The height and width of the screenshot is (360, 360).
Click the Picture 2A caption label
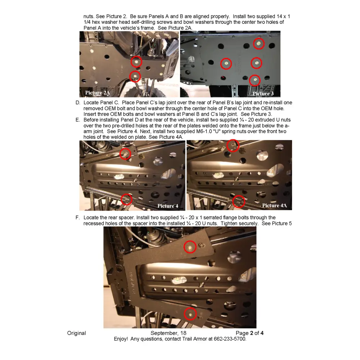click(x=97, y=93)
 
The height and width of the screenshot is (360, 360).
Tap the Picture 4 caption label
click(x=168, y=206)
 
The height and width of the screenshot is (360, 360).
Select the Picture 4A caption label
click(x=274, y=206)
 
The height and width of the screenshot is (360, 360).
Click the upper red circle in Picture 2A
click(x=136, y=62)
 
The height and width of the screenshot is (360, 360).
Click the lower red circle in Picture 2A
click(x=135, y=76)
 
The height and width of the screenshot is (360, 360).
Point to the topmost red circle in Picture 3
click(x=258, y=44)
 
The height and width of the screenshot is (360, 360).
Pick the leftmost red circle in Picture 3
click(x=226, y=64)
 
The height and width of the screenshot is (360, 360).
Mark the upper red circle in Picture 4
click(x=125, y=154)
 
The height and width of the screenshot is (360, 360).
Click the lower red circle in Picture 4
click(x=126, y=199)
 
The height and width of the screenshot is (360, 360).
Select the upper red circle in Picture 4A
click(x=233, y=145)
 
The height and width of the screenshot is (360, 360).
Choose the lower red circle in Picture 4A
click(x=239, y=202)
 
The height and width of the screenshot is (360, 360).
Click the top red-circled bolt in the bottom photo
click(x=190, y=247)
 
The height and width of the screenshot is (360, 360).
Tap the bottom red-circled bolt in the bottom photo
click(x=190, y=314)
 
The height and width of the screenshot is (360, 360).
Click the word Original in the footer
click(x=76, y=333)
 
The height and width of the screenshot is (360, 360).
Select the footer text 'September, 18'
click(x=168, y=333)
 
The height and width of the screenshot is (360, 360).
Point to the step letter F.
click(x=77, y=217)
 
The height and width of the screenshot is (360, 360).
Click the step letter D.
click(x=77, y=103)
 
